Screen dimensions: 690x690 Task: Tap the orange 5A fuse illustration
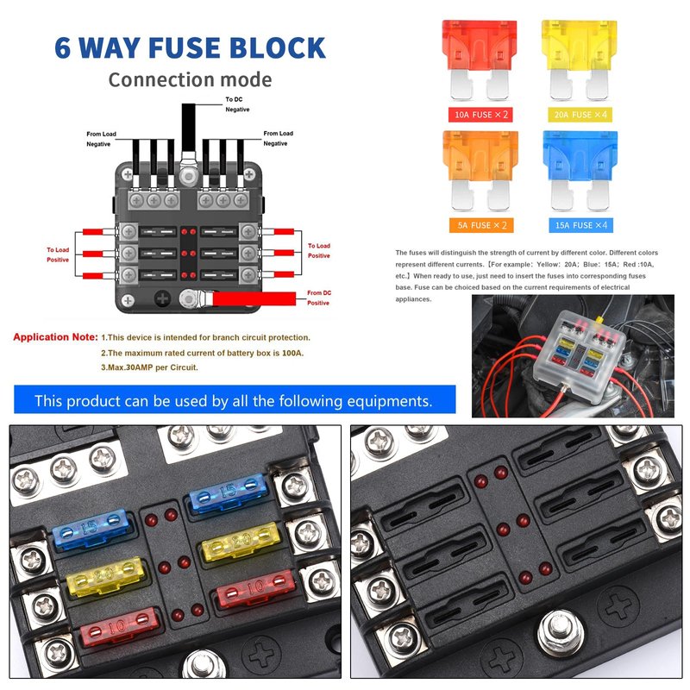[480, 170]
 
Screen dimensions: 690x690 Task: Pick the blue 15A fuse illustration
[580, 170]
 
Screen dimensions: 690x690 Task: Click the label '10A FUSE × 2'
[480, 115]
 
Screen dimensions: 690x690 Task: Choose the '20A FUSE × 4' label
[580, 115]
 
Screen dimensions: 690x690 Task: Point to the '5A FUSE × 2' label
[481, 225]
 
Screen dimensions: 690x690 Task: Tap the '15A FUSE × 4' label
[580, 225]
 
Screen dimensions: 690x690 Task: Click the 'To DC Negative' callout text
[237, 104]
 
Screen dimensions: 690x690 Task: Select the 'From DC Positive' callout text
[318, 298]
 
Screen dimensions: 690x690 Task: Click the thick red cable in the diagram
[254, 298]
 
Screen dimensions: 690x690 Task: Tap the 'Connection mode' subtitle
[190, 79]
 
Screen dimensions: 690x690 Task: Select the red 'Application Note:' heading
[55, 337]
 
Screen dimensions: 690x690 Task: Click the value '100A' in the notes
[292, 353]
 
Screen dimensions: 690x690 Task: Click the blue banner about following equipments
[235, 399]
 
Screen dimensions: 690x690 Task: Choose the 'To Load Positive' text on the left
[58, 254]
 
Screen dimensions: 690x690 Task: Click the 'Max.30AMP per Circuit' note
[149, 367]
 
